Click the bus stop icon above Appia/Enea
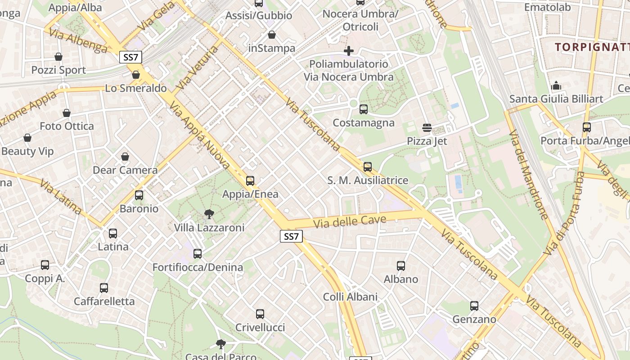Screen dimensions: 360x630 (x=250, y=181)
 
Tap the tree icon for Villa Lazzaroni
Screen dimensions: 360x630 (x=209, y=214)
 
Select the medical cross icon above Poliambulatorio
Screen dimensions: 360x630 (x=348, y=51)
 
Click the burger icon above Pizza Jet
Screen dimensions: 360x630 (x=427, y=128)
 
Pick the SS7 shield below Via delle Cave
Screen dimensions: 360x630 (x=292, y=236)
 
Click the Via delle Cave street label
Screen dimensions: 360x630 (x=350, y=221)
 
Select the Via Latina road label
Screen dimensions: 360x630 (x=60, y=197)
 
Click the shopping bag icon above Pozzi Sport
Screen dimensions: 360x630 (x=58, y=57)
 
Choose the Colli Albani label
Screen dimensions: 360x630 (x=350, y=297)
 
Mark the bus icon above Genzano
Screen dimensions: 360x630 (x=474, y=306)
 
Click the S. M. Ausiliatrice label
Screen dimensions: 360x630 (x=368, y=180)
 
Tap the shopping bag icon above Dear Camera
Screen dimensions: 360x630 (x=125, y=157)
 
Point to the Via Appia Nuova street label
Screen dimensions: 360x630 (x=199, y=135)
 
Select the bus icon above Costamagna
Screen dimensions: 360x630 (x=364, y=109)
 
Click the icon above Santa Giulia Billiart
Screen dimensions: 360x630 (x=556, y=85)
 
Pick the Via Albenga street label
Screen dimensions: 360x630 (x=78, y=41)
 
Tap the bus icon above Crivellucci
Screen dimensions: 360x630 (x=260, y=314)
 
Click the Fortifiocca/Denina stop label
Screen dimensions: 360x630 (x=198, y=267)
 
